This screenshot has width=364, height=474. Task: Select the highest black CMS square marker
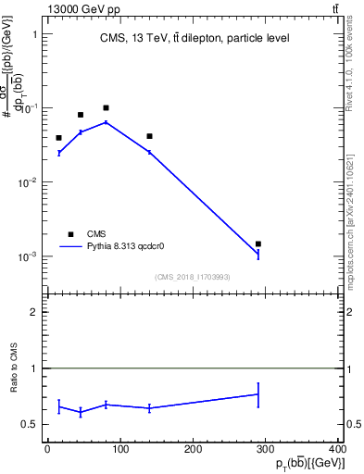[x=107, y=108]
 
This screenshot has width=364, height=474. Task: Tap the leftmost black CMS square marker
[x=58, y=138]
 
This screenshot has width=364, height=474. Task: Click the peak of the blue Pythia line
[x=107, y=122]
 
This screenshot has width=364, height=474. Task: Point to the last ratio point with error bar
[x=258, y=394]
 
